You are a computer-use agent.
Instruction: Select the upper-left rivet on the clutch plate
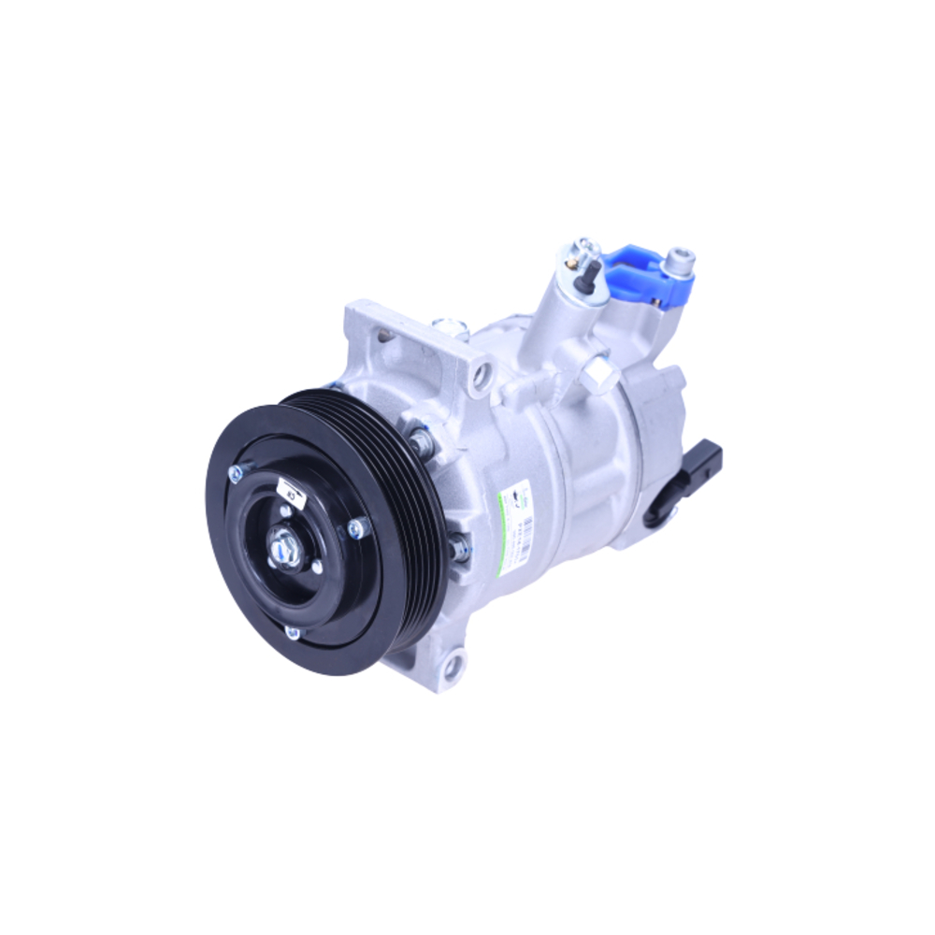coord(237,471)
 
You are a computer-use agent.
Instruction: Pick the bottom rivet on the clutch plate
coord(293,633)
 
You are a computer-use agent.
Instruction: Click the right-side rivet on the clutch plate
coord(357,528)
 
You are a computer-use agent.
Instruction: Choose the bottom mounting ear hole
coord(453,666)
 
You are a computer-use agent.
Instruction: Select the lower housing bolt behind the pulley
coord(458,547)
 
